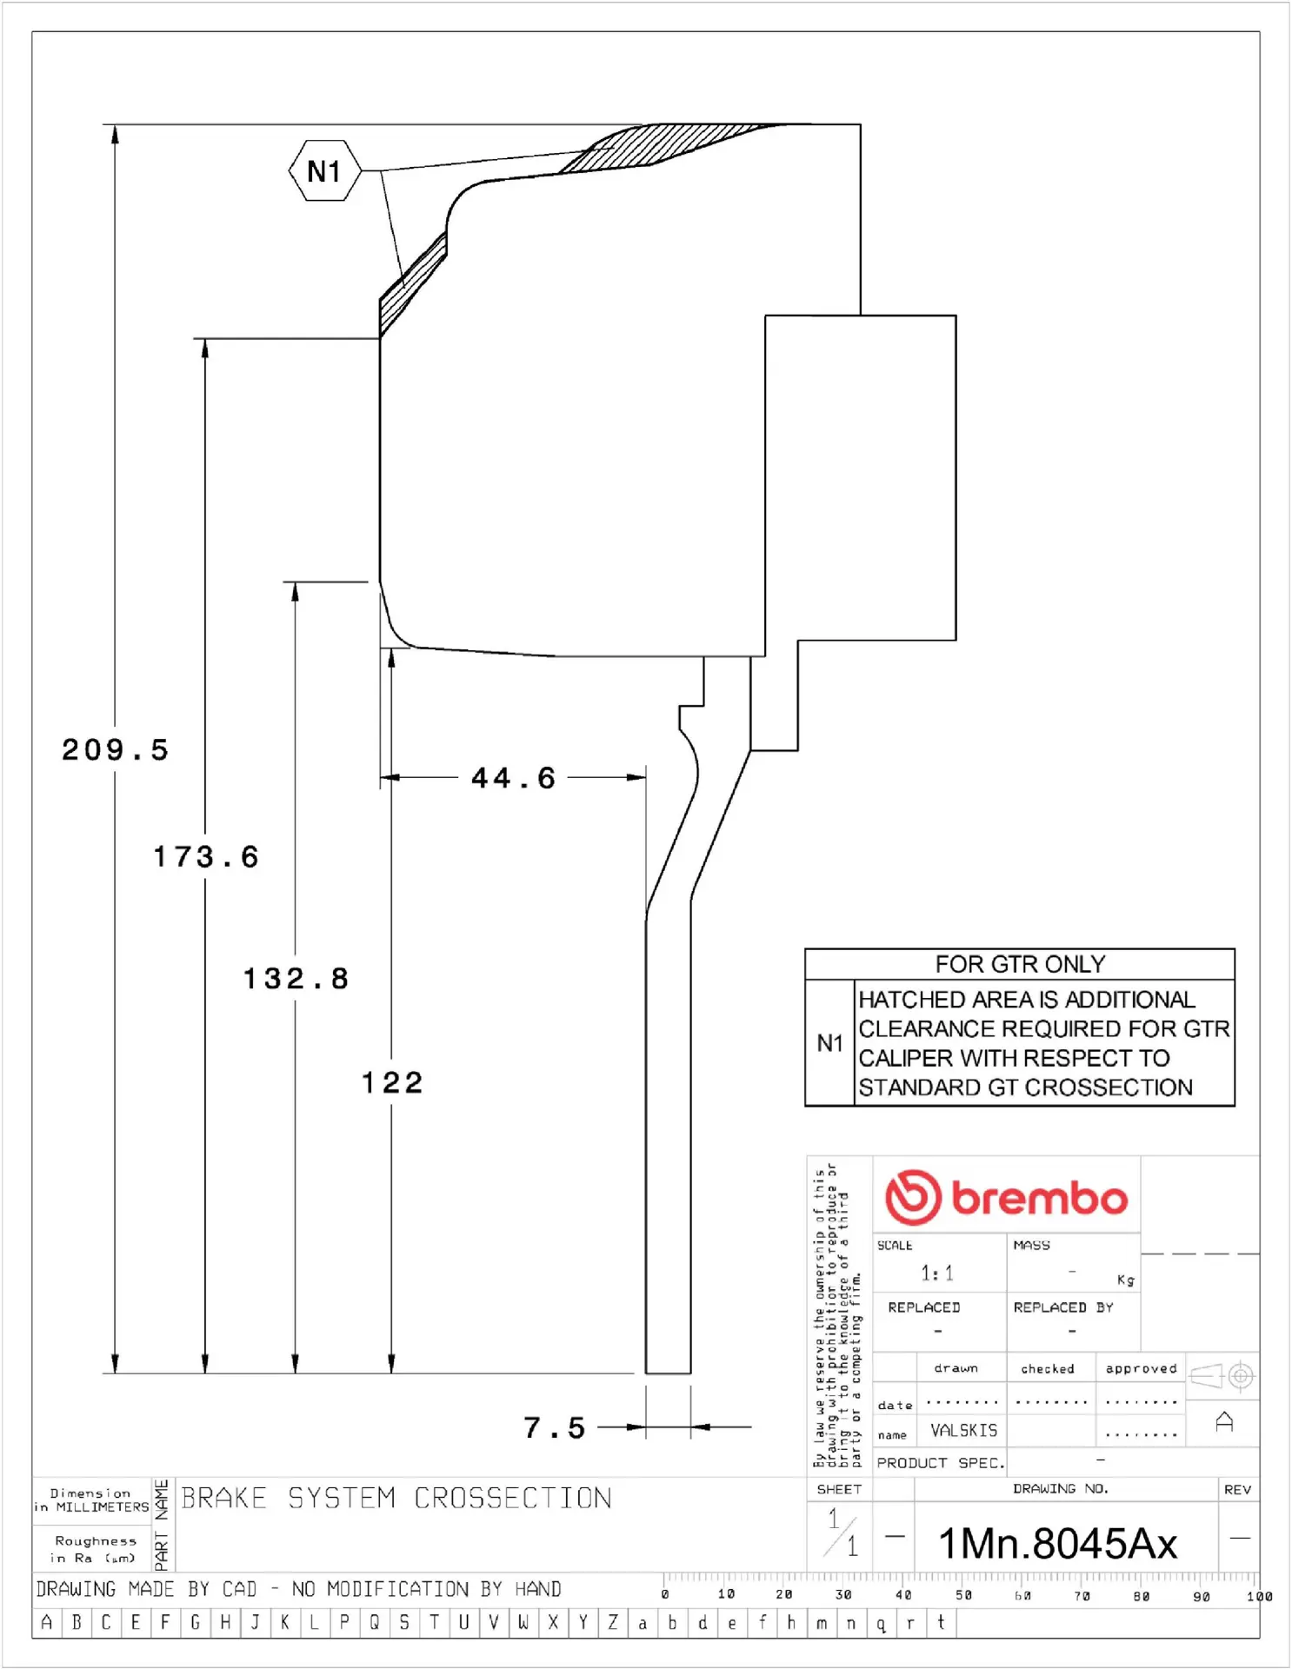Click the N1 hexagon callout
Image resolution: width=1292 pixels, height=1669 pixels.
pos(324,171)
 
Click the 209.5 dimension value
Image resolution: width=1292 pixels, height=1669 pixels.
pos(115,749)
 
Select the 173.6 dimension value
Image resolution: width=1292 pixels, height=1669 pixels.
pos(206,857)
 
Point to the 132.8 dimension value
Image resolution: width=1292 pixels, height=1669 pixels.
pos(296,979)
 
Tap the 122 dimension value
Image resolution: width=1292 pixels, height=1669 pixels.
pos(392,1083)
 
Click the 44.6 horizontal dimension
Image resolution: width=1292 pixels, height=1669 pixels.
pos(513,778)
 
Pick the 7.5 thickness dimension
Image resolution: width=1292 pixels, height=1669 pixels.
pos(555,1427)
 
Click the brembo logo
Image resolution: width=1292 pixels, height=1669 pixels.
pos(1006,1198)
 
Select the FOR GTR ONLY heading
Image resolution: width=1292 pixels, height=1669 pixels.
pos(1020,964)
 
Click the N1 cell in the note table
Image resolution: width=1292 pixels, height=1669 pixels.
pos(829,1043)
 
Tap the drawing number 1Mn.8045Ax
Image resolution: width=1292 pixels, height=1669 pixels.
pos(1057,1545)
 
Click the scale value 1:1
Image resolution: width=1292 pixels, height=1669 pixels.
pos(937,1273)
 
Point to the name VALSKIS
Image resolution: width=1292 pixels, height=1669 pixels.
pos(963,1430)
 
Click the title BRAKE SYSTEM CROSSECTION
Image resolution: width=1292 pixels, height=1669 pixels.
pos(396,1499)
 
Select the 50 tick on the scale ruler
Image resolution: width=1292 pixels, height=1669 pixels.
pos(963,1595)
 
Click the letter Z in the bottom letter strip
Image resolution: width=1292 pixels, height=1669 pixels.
pos(613,1622)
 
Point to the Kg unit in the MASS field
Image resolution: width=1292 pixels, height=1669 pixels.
pos(1125,1280)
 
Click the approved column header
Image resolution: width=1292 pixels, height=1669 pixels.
pos(1141,1369)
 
